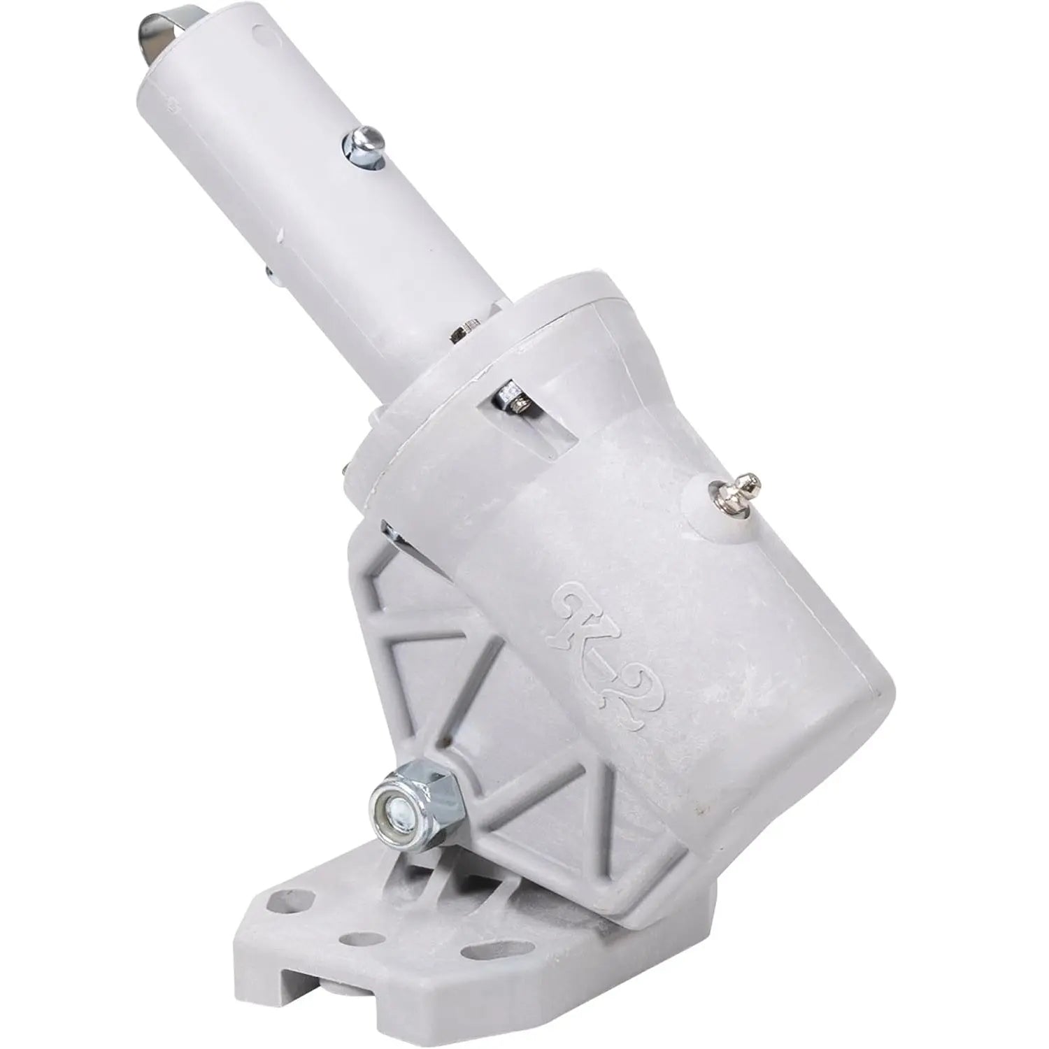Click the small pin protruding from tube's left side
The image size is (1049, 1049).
pos(271,273)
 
